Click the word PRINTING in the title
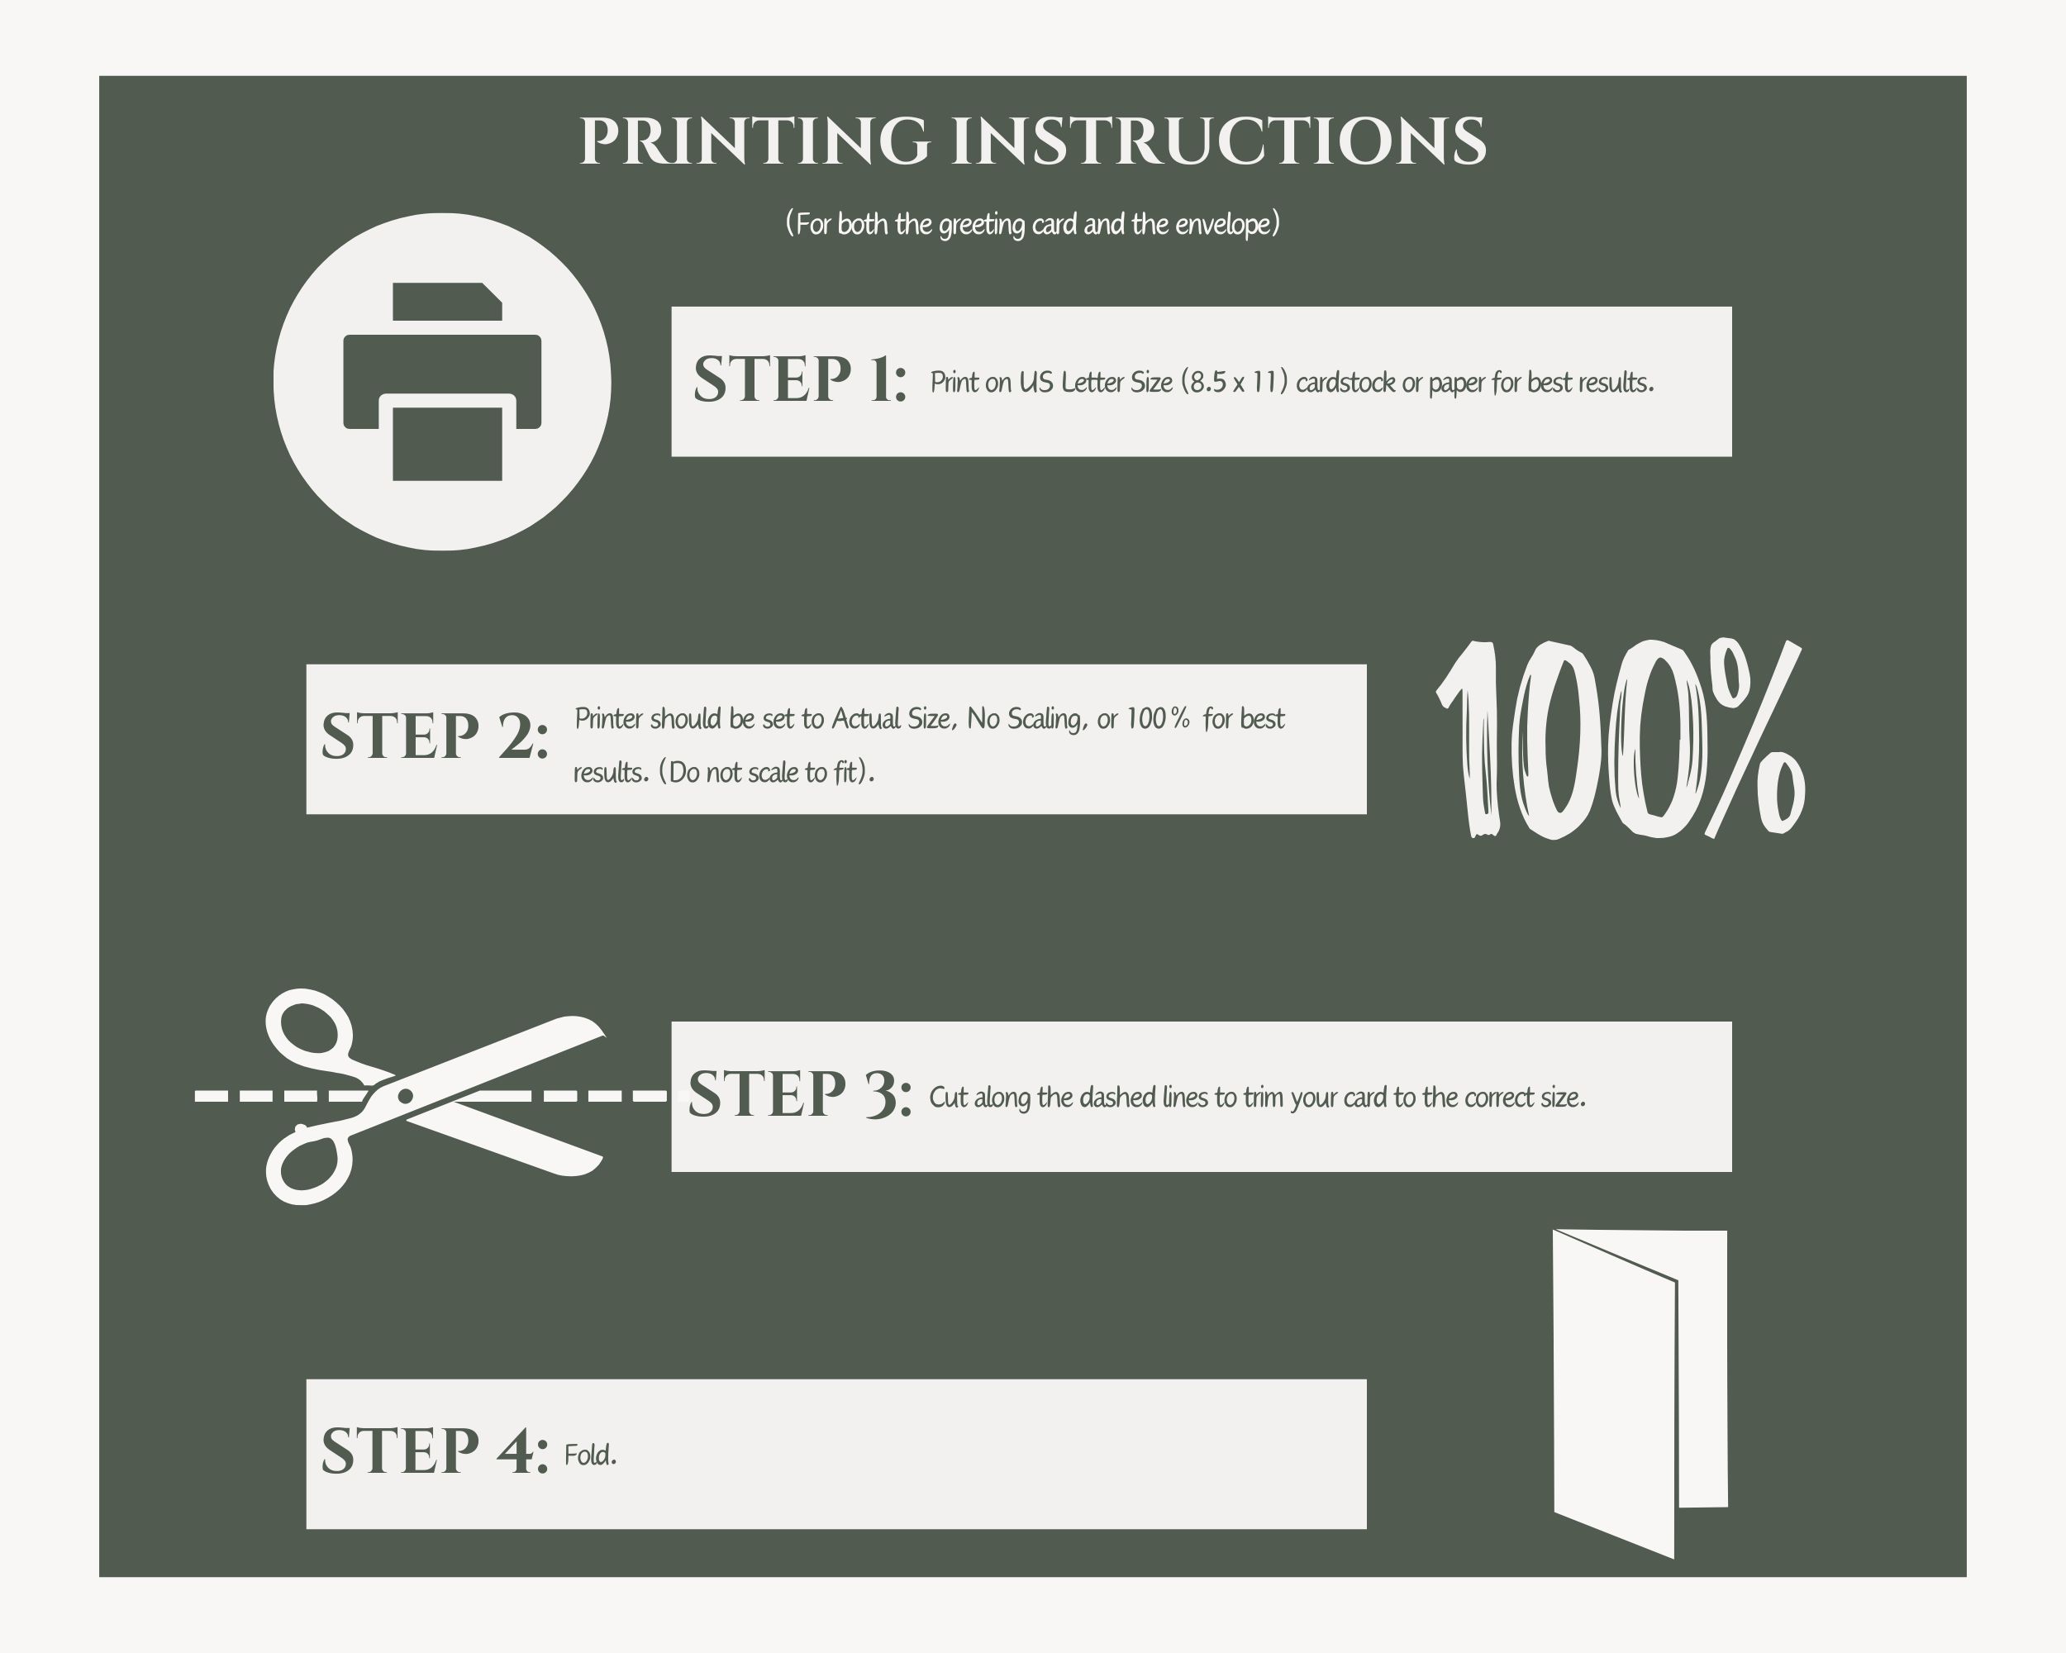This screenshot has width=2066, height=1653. point(755,142)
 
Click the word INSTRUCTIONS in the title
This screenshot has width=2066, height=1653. point(1219,142)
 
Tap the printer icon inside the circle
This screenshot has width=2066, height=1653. point(442,381)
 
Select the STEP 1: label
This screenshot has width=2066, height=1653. point(800,379)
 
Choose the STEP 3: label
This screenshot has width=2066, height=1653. point(800,1093)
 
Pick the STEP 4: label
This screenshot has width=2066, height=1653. point(435,1450)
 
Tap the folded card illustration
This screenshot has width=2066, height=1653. point(1640,1393)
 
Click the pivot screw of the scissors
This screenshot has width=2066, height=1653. point(405,1096)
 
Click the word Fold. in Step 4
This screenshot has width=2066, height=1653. point(590,1455)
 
